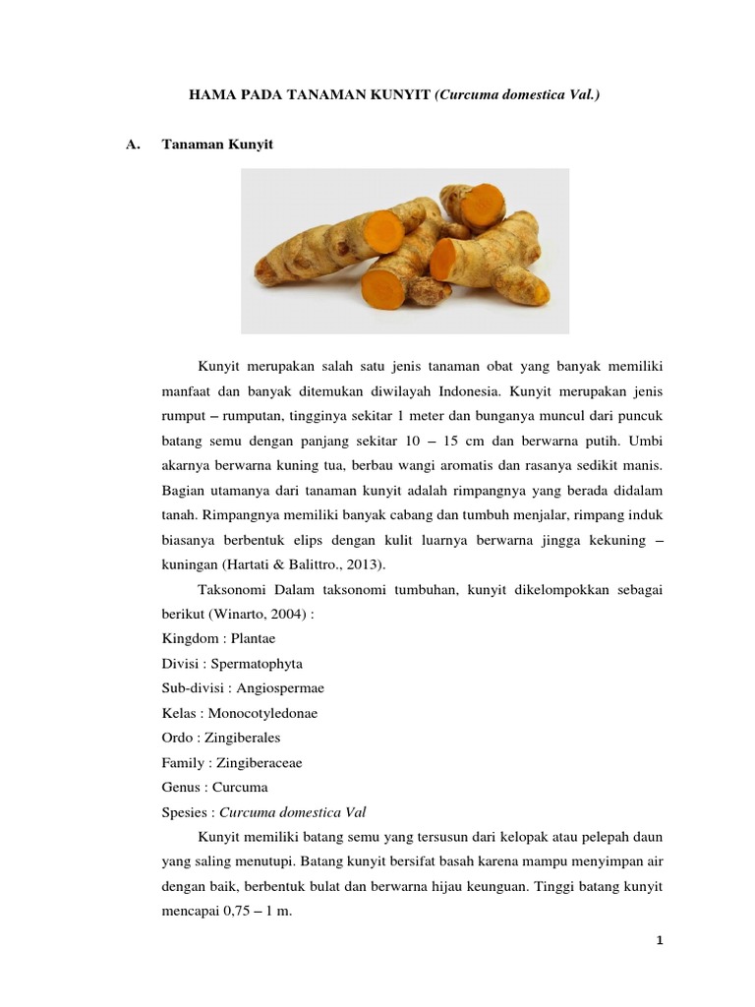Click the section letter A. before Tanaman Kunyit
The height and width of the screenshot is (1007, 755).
click(136, 145)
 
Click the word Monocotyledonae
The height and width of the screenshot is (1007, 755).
click(262, 712)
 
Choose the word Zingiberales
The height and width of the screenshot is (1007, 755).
click(247, 737)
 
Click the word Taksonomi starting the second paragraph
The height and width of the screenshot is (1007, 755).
click(232, 588)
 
